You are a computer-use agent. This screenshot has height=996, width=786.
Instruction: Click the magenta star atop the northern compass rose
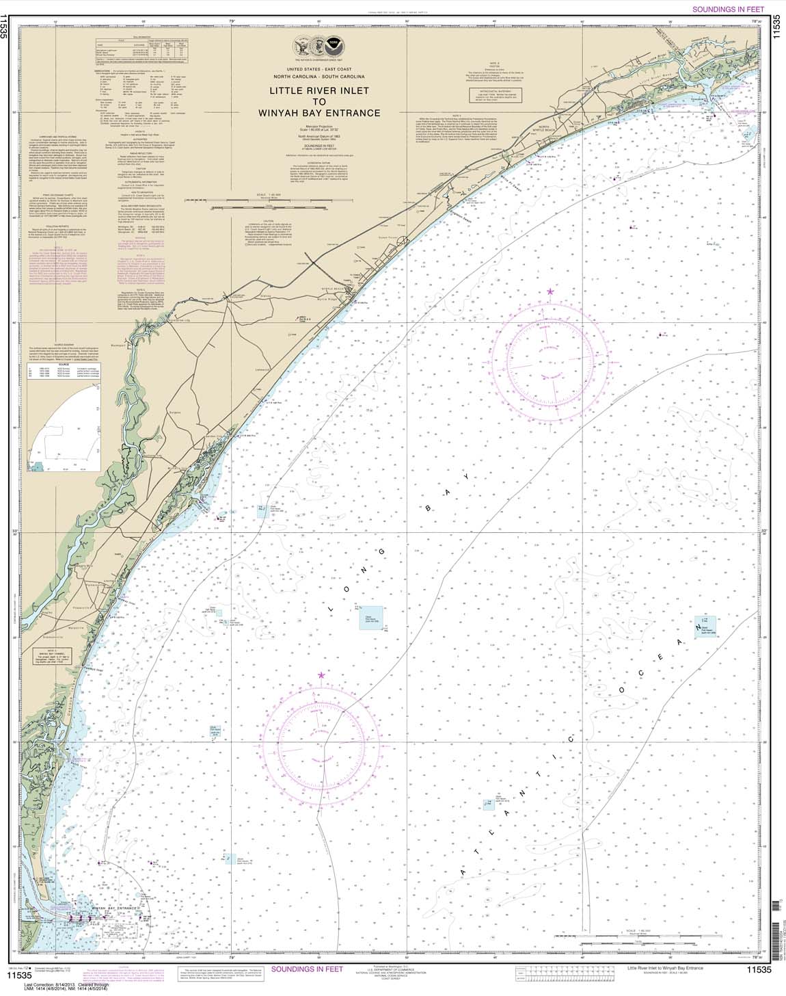tap(550, 292)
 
